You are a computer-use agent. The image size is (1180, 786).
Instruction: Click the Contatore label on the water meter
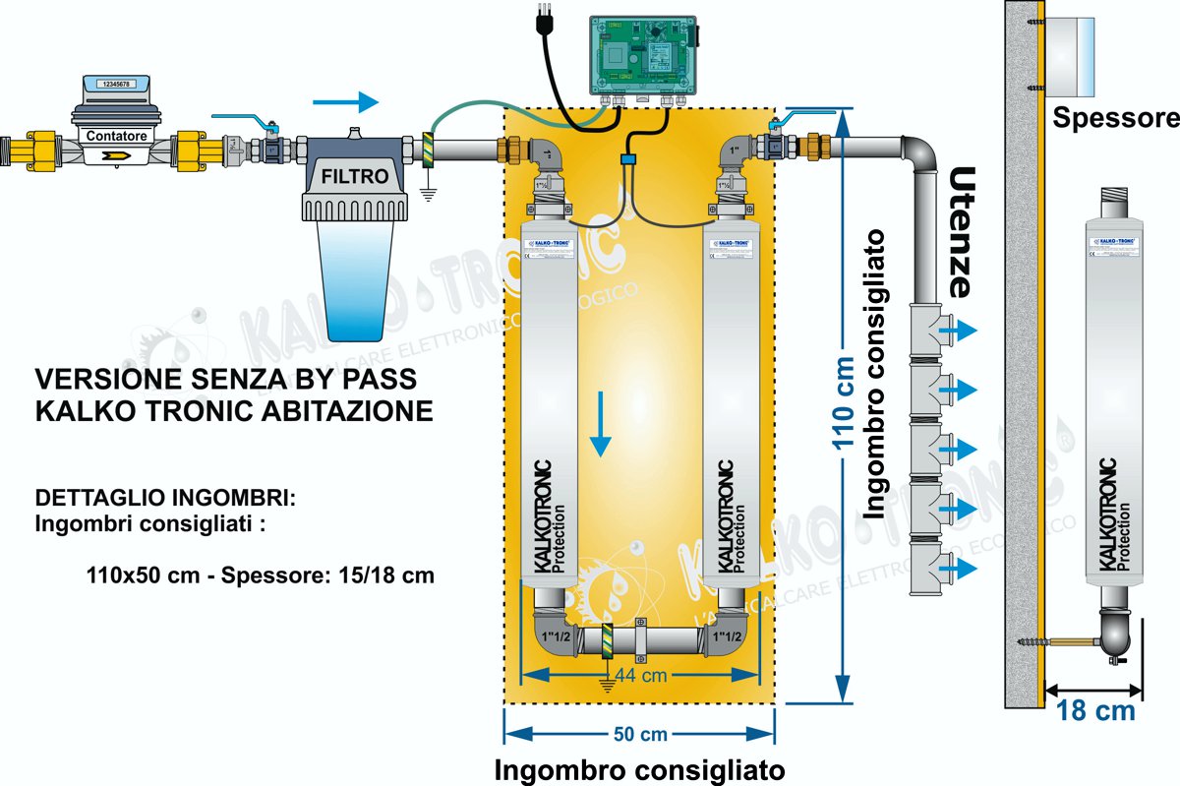[117, 136]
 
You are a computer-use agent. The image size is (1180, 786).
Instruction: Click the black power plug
[541, 25]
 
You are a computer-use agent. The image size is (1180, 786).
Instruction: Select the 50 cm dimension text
[639, 734]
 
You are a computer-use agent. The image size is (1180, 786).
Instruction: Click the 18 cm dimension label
[1095, 710]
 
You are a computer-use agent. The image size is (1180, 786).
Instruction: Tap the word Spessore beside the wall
[1115, 119]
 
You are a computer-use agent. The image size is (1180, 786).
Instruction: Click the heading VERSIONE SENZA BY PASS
[226, 379]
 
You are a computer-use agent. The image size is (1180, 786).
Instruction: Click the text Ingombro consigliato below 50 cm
[639, 767]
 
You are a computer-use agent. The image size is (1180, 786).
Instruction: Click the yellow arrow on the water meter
[116, 154]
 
